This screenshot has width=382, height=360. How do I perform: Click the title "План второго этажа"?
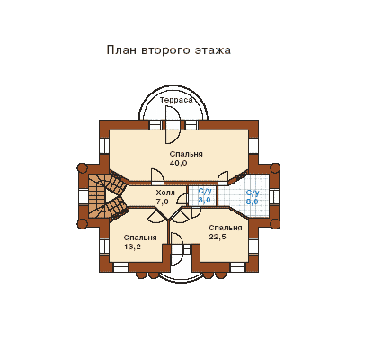pyautogui.click(x=169, y=50)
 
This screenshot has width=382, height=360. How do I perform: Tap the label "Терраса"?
pyautogui.click(x=176, y=100)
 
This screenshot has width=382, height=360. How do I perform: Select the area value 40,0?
pyautogui.click(x=178, y=163)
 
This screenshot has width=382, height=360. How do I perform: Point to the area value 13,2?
pyautogui.click(x=132, y=247)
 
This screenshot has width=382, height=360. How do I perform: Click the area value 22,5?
pyautogui.click(x=218, y=237)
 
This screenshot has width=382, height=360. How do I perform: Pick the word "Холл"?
pyautogui.click(x=165, y=193)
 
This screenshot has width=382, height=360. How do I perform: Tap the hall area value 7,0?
pyautogui.click(x=162, y=202)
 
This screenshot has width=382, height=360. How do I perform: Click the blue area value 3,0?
pyautogui.click(x=204, y=200)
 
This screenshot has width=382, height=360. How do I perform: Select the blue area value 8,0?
pyautogui.click(x=253, y=202)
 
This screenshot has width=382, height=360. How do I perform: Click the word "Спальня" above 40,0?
pyautogui.click(x=186, y=154)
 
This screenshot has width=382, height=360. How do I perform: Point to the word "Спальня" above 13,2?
pyautogui.click(x=140, y=238)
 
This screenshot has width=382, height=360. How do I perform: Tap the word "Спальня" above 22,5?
pyautogui.click(x=226, y=228)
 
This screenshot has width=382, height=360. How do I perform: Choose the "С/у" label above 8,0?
pyautogui.click(x=253, y=193)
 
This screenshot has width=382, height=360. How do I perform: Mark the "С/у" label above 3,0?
pyautogui.click(x=204, y=191)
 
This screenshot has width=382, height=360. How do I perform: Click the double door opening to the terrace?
pyautogui.click(x=173, y=125)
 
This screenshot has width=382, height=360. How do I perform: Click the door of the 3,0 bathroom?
pyautogui.click(x=182, y=200)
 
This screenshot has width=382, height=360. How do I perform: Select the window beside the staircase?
pyautogui.click(x=83, y=196)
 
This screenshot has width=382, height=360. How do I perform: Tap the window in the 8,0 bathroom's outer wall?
pyautogui.click(x=273, y=197)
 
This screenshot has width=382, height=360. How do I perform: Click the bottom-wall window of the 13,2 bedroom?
pyautogui.click(x=120, y=267)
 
